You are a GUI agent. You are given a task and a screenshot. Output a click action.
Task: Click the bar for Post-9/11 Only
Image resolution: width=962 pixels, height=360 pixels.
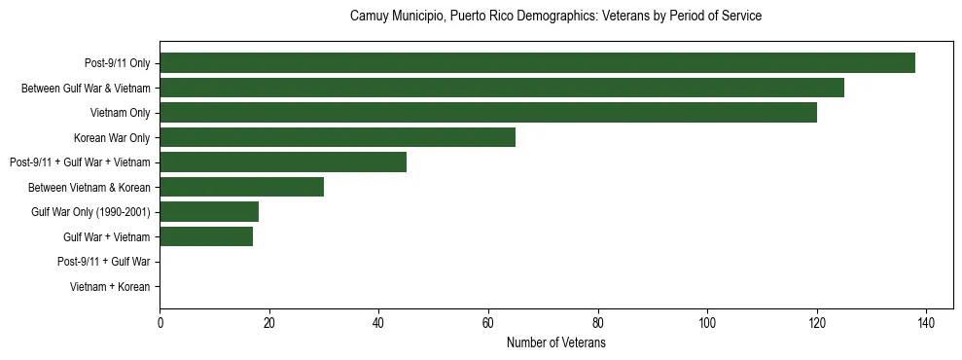point(537,63)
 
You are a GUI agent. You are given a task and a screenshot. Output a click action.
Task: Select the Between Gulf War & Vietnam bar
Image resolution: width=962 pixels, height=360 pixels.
point(502,89)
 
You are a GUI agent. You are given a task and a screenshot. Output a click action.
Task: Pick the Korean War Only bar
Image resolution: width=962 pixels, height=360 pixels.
point(338,137)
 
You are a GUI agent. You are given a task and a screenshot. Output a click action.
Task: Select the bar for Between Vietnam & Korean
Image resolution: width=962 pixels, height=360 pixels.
point(241,187)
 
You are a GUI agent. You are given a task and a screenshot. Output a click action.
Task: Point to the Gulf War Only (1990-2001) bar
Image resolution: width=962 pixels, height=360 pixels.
point(209,212)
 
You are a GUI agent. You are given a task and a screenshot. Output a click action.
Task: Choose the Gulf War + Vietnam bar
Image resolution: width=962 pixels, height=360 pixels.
point(206,236)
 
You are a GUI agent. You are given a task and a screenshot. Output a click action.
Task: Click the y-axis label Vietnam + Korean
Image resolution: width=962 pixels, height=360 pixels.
point(110,287)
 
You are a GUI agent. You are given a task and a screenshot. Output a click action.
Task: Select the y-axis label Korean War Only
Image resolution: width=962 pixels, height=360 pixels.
point(112,138)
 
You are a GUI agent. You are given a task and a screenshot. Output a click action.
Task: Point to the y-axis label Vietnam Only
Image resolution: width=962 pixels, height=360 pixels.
point(120,114)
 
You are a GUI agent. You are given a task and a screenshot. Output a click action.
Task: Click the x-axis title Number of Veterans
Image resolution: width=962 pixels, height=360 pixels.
point(556,342)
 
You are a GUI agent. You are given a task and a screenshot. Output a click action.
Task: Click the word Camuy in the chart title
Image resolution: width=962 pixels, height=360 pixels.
point(368,17)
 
